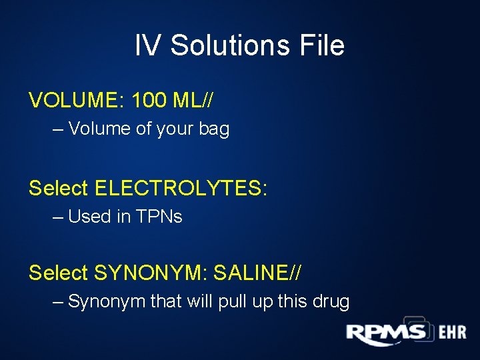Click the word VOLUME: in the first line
point(77,101)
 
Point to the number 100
point(149,101)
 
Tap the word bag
point(214,129)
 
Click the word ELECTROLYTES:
point(181,188)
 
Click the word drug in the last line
point(331,301)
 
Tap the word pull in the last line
point(233,301)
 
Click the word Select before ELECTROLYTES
point(59,188)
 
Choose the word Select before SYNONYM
point(59,273)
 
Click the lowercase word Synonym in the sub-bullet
point(107,301)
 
